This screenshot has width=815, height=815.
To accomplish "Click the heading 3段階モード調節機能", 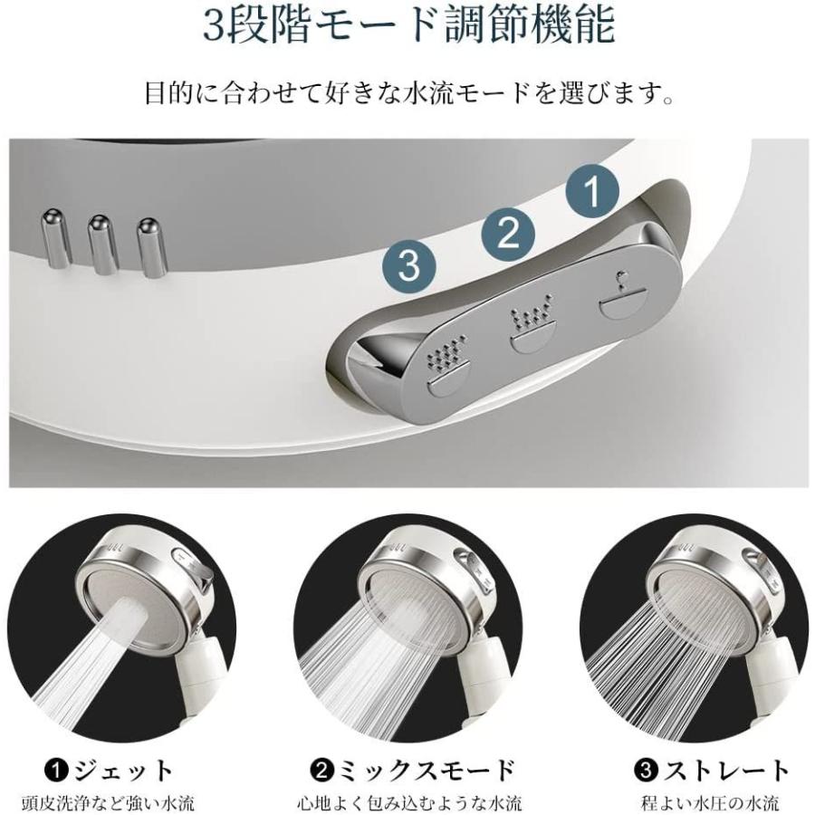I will click(407, 27).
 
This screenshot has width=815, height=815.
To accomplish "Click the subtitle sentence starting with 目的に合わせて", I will click(407, 93).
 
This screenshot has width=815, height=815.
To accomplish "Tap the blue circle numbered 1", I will click(591, 191).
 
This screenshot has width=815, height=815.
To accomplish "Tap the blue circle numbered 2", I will click(508, 232).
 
